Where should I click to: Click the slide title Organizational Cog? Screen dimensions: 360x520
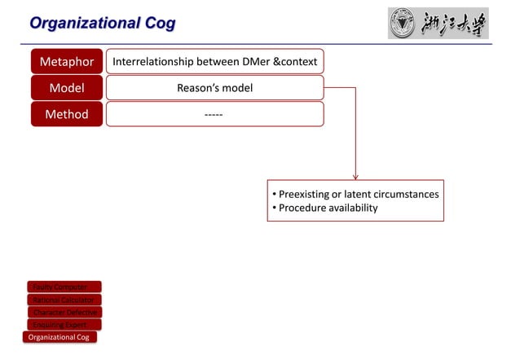(x=102, y=23)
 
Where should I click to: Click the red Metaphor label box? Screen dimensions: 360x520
(x=67, y=62)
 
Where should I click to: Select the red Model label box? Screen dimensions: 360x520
(x=67, y=88)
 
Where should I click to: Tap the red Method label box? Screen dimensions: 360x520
(x=67, y=114)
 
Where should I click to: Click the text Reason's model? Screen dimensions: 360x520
(x=214, y=88)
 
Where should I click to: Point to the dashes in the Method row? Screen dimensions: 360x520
(x=214, y=114)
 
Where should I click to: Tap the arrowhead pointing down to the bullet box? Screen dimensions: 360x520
(x=355, y=174)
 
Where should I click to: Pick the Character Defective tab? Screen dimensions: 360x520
(x=65, y=312)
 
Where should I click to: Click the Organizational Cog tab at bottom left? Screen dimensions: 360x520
(x=59, y=337)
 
